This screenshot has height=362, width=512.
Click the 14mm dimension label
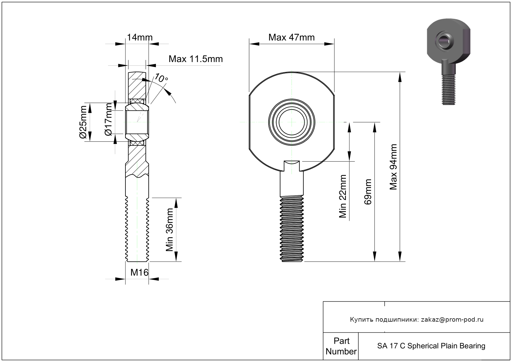[140, 38]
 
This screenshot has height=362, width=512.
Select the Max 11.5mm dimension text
[196, 59]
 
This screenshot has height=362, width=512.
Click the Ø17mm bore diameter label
[108, 119]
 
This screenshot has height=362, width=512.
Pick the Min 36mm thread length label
[170, 230]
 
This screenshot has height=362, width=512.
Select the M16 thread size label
[139, 272]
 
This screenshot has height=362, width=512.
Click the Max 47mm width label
[291, 38]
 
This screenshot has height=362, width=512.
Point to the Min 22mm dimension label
[343, 196]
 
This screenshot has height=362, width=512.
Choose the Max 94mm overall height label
[394, 167]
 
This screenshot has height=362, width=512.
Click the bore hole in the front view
[292, 122]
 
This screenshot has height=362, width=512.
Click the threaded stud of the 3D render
[448, 90]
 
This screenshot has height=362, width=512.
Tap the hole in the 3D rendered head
[445, 41]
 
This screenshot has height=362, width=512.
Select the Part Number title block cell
[341, 346]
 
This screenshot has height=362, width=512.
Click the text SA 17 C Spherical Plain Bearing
[431, 346]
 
